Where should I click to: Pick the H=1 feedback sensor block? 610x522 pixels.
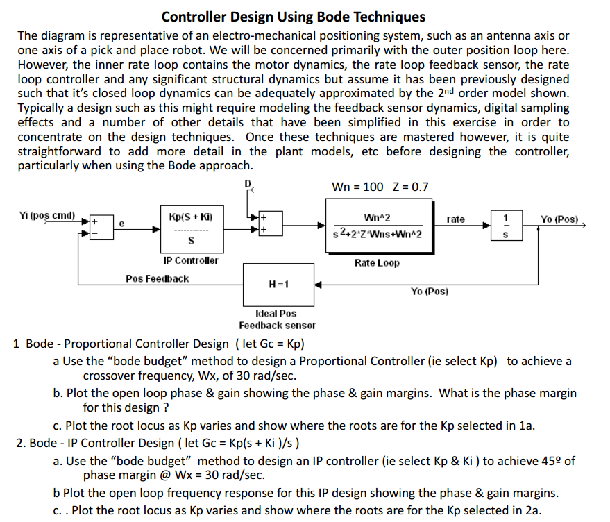click(277, 284)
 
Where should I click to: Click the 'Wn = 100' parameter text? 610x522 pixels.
click(357, 187)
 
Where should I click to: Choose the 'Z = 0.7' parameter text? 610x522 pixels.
click(411, 187)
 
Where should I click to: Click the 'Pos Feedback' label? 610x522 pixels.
click(157, 278)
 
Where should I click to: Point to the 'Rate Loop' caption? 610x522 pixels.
click(377, 263)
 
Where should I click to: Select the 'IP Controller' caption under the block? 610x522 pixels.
click(190, 260)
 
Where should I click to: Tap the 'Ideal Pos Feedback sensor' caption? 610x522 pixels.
click(277, 319)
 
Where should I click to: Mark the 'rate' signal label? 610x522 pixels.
click(456, 219)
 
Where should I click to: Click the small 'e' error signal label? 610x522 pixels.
click(121, 224)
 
